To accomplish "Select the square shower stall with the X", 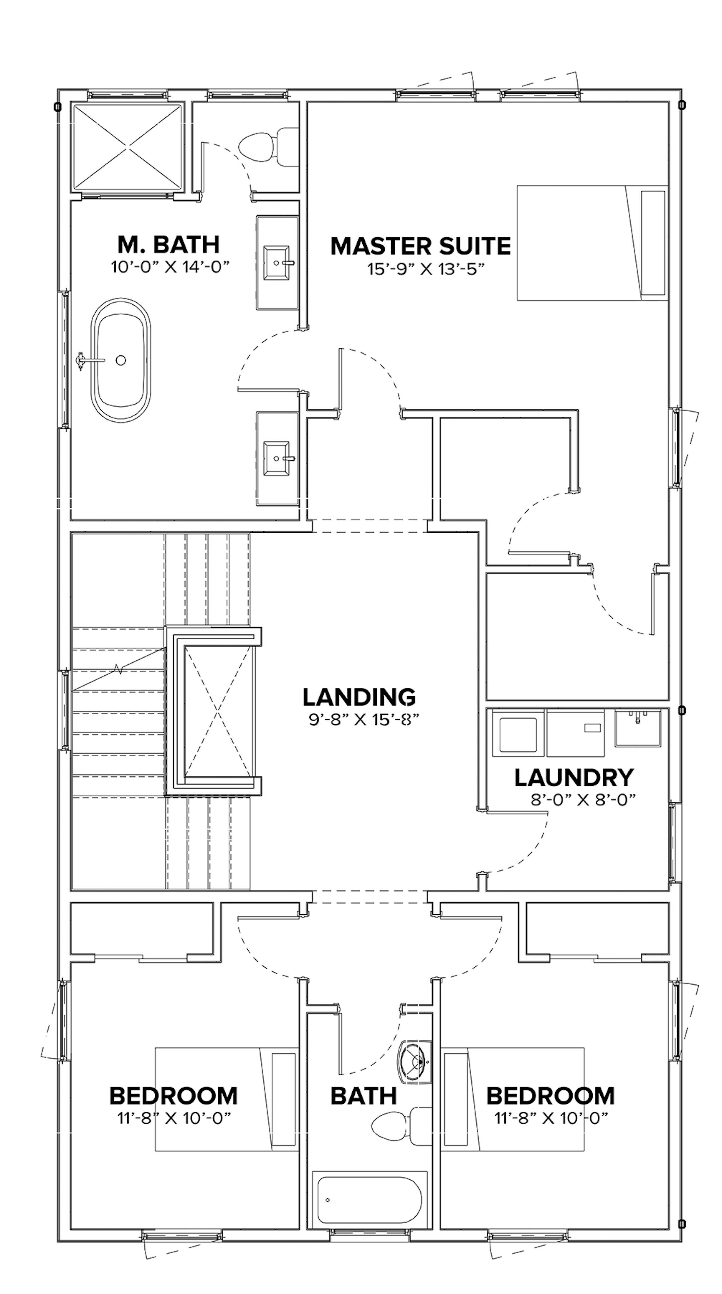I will [x=128, y=147].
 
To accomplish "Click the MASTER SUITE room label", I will [x=420, y=246].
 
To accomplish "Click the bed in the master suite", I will [x=591, y=243].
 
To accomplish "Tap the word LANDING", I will [x=359, y=697].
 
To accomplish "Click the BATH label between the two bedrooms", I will [x=364, y=1096].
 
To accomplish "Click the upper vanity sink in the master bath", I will [x=277, y=262].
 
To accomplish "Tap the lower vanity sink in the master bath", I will [x=277, y=458].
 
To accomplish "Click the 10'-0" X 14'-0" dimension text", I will [x=170, y=267].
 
